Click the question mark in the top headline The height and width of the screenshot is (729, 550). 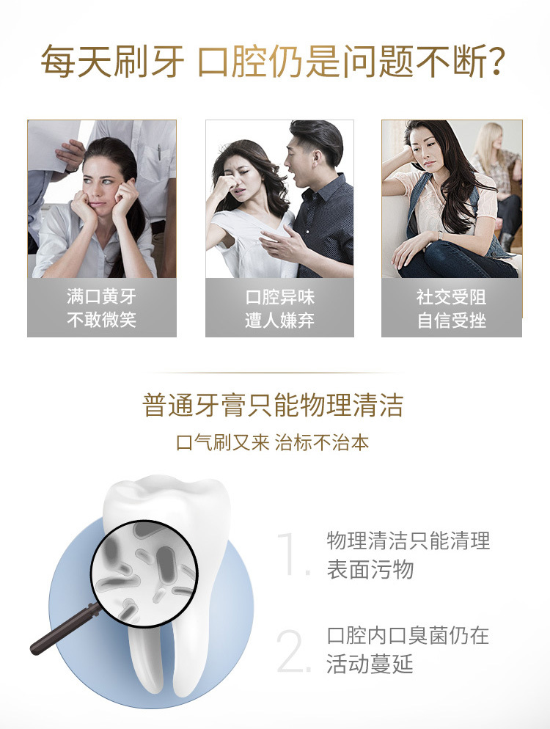point(496,60)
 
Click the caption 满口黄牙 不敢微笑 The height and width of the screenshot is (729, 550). point(101,308)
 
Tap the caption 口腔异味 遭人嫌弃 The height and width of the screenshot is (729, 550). point(279,309)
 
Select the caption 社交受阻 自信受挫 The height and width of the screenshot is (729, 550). point(452,309)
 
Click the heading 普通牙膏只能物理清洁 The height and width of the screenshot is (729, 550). point(273,405)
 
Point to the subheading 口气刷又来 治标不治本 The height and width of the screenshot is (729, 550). point(273,443)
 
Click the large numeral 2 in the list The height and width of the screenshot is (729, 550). point(293,651)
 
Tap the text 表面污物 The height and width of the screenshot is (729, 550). point(370,570)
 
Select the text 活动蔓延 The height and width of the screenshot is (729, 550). point(370,664)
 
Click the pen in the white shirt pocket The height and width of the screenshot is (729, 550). point(158,152)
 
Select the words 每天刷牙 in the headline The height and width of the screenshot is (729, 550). point(112,61)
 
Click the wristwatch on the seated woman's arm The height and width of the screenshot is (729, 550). point(440,235)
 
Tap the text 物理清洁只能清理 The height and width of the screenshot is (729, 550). point(408,541)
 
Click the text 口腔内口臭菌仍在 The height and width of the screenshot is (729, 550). point(408,636)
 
